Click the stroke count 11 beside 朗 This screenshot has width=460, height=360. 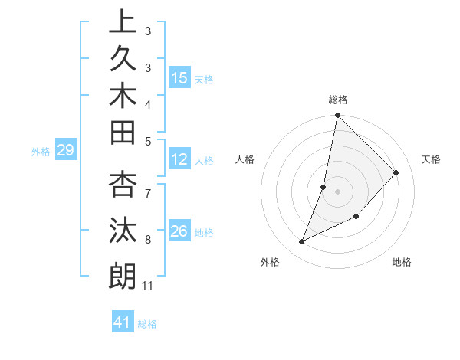pyautogui.click(x=148, y=286)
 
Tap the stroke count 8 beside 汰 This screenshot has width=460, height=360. pyautogui.click(x=148, y=240)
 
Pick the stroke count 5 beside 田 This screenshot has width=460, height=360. pyautogui.click(x=148, y=140)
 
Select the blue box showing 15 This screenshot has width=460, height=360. pyautogui.click(x=179, y=77)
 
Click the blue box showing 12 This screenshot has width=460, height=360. pyautogui.click(x=179, y=159)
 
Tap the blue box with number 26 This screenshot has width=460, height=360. pyautogui.click(x=179, y=231)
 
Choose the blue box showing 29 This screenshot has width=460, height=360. pyautogui.click(x=65, y=150)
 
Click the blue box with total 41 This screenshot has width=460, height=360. pyautogui.click(x=123, y=322)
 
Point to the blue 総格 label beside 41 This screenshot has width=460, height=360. pyautogui.click(x=147, y=324)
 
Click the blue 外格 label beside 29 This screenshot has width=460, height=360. pyautogui.click(x=41, y=152)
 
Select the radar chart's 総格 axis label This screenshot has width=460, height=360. pyautogui.click(x=338, y=100)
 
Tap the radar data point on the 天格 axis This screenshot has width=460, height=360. pyautogui.click(x=396, y=173)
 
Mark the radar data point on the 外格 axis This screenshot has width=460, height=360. pyautogui.click(x=302, y=241)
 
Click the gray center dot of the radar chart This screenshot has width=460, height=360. pyautogui.click(x=338, y=191)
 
